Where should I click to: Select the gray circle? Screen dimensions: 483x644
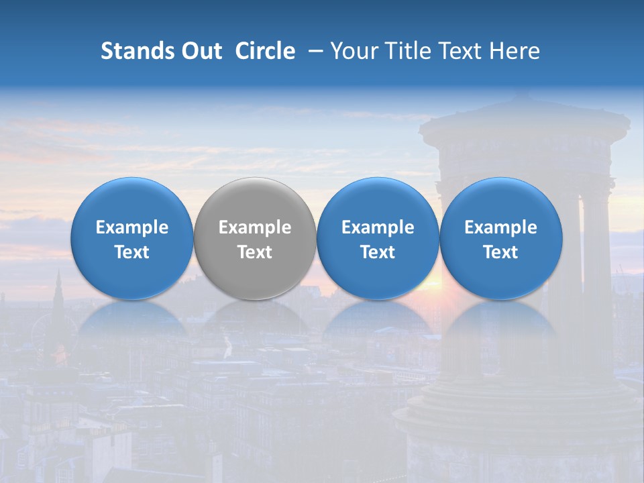point(255,239)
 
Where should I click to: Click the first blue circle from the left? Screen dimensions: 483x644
point(132,239)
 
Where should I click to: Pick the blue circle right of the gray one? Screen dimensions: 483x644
point(378,239)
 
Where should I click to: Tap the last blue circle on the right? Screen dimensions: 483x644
point(500,239)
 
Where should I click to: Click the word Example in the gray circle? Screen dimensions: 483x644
point(255,227)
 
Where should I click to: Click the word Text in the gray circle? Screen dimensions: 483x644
point(255,252)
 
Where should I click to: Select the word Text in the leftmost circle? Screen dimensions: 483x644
point(132,252)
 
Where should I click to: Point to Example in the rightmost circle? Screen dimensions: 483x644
point(500,227)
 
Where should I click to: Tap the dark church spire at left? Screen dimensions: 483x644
point(58,295)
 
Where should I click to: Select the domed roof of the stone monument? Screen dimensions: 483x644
point(523,124)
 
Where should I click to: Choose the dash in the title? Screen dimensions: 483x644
point(313,51)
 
